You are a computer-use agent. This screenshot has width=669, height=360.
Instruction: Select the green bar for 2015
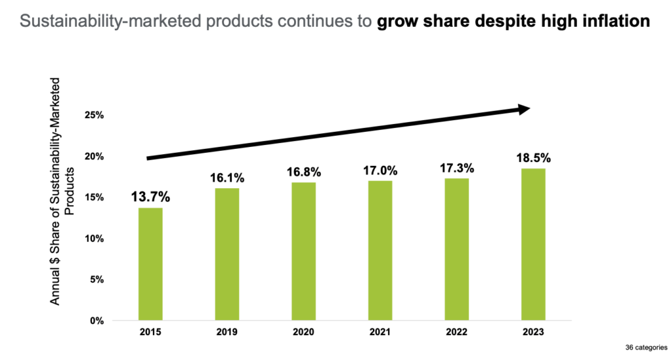click(x=150, y=264)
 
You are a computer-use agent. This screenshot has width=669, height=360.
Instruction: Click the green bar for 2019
click(x=227, y=254)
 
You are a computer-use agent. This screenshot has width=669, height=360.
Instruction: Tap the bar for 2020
click(x=303, y=252)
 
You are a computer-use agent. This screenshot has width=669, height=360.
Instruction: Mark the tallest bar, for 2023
click(x=533, y=244)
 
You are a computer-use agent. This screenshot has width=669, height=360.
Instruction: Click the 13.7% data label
click(x=150, y=196)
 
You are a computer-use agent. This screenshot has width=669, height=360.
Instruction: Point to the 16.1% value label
click(x=227, y=178)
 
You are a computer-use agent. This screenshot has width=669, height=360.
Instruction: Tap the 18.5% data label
click(x=533, y=158)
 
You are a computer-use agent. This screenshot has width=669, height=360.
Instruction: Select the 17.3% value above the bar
click(x=456, y=168)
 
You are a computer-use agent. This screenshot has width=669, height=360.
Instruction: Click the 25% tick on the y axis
click(x=94, y=115)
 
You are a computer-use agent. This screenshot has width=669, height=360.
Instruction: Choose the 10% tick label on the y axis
click(x=94, y=238)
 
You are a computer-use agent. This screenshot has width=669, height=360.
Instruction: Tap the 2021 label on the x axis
click(x=380, y=332)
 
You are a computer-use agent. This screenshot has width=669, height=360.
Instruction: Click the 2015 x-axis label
click(x=150, y=332)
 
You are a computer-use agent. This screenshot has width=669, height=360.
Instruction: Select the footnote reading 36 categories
click(x=644, y=346)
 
